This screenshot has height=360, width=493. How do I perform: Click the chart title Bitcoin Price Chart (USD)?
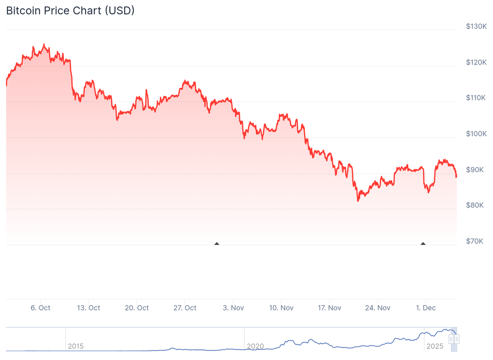pyautogui.click(x=70, y=10)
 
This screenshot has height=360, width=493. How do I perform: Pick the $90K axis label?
pyautogui.click(x=475, y=170)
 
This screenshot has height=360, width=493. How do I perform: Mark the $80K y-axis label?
pyautogui.click(x=475, y=205)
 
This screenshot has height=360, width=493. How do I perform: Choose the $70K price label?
pyautogui.click(x=475, y=242)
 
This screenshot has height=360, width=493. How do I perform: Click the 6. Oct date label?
pyautogui.click(x=40, y=308)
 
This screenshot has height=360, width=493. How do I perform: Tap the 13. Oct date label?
pyautogui.click(x=88, y=308)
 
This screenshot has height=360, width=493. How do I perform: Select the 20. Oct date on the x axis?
pyautogui.click(x=136, y=308)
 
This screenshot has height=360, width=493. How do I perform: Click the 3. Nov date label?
pyautogui.click(x=233, y=308)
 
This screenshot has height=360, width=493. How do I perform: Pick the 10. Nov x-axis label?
pyautogui.click(x=281, y=308)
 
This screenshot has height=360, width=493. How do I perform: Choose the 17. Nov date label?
pyautogui.click(x=329, y=308)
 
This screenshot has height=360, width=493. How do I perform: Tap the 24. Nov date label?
pyautogui.click(x=377, y=308)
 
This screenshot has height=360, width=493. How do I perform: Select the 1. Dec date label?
pyautogui.click(x=425, y=308)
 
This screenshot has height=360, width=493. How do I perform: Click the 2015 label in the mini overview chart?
pyautogui.click(x=75, y=346)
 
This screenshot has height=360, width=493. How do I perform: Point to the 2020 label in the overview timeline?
pyautogui.click(x=256, y=346)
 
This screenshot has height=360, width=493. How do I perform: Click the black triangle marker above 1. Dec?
pyautogui.click(x=423, y=244)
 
